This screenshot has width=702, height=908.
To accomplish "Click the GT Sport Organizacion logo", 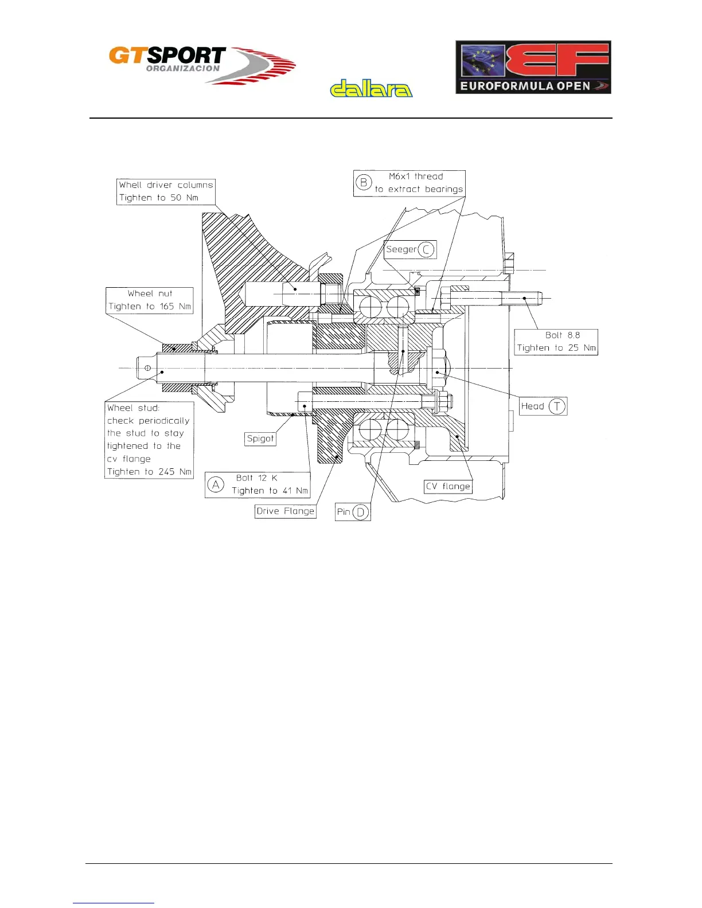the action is click(202, 65).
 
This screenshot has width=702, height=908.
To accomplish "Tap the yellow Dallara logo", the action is click(371, 89).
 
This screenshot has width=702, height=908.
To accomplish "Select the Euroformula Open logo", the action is click(533, 67).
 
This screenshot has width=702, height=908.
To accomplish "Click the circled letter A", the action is click(216, 485).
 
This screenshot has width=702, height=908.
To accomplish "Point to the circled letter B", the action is click(364, 183).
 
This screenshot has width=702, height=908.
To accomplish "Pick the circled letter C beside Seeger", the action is click(426, 250).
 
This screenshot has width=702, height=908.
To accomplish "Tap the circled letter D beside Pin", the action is click(360, 512).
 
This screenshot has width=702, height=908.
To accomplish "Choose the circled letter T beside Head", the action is click(557, 406).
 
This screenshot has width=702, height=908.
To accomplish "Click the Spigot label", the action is click(260, 439).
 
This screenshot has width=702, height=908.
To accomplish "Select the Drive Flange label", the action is click(286, 511).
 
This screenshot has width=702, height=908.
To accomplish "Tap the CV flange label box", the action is click(448, 487).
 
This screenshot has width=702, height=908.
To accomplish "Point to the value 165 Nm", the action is click(175, 307).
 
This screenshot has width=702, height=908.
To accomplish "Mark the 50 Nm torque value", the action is click(184, 198).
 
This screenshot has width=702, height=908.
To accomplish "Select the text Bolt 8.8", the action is click(563, 335).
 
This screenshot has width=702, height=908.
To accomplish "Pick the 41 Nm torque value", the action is click(295, 491).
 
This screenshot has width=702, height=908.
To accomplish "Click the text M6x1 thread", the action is click(416, 177).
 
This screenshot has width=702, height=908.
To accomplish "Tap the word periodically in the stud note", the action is click(164, 421).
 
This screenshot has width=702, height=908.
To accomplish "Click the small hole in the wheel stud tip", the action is click(148, 367).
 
